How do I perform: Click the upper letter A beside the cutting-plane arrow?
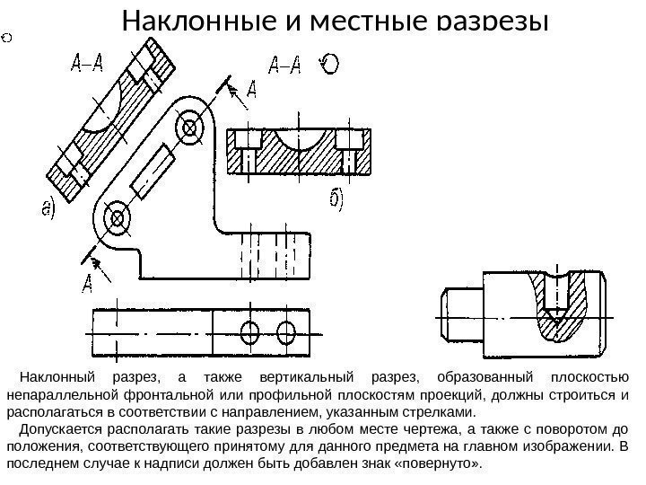[x=250, y=88]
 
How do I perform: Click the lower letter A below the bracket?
[x=88, y=285]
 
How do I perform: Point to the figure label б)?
[x=334, y=203]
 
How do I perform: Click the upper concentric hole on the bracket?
[x=190, y=128]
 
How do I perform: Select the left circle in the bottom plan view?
[x=253, y=330]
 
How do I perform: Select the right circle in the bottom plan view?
[x=286, y=330]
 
